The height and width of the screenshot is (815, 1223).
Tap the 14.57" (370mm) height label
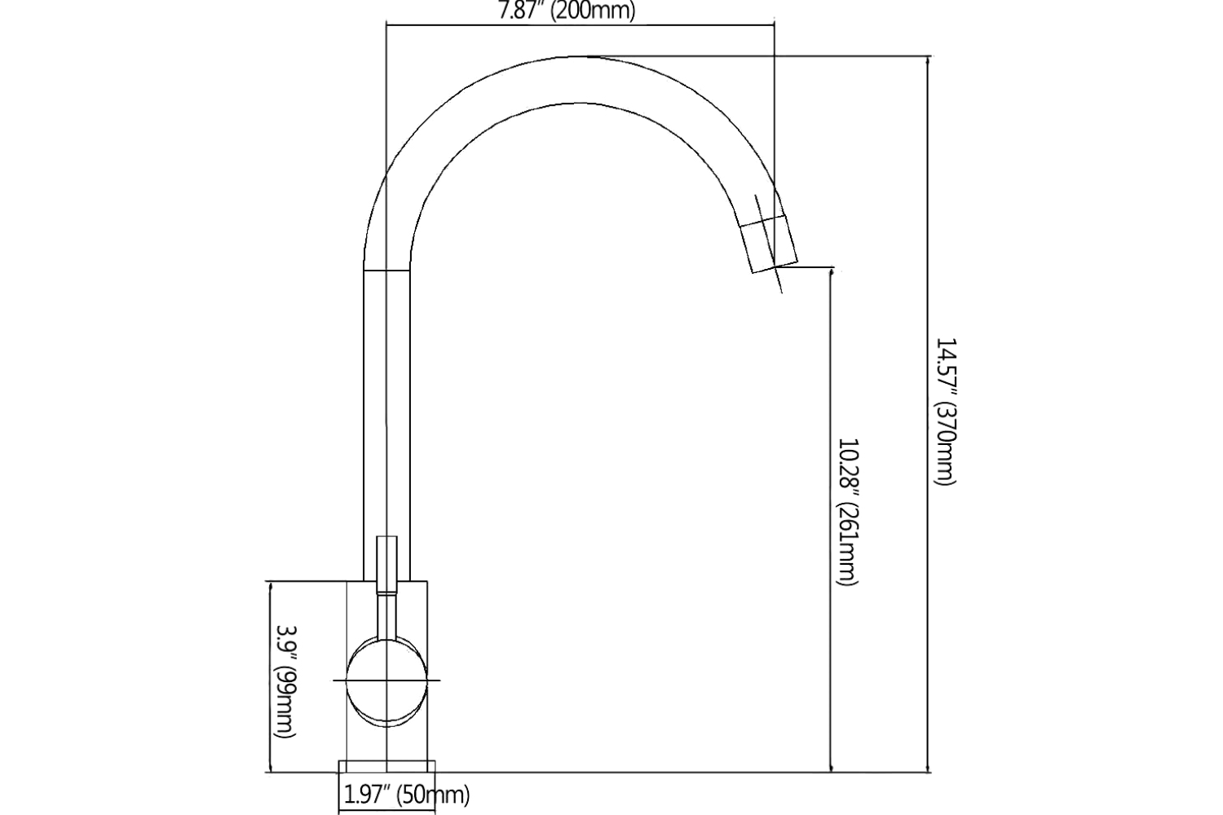[x=944, y=412]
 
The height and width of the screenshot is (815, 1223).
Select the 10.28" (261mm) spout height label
[x=848, y=512]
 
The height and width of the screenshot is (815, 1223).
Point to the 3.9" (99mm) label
[x=285, y=681]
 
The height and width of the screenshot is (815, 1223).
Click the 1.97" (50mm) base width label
[x=405, y=795]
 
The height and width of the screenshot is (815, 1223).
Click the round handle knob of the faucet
[x=387, y=680]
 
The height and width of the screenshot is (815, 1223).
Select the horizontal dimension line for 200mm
[x=579, y=24]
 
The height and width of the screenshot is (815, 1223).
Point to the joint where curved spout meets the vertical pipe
[x=386, y=270]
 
